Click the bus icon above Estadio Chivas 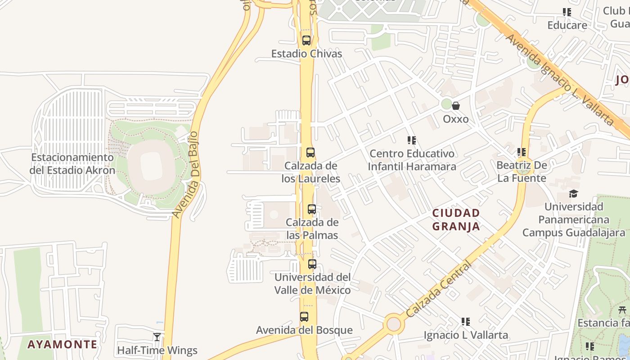306,40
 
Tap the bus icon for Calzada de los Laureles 310,152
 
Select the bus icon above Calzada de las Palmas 311,209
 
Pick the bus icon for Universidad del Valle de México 312,264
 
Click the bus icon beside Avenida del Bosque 304,317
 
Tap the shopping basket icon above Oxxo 456,106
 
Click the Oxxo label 456,119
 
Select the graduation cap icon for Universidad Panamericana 573,193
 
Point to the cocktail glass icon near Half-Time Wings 157,337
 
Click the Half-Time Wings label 157,350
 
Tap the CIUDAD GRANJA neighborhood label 456,219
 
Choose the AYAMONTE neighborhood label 62,345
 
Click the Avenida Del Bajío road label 186,175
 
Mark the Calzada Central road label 438,289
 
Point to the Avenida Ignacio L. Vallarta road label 560,79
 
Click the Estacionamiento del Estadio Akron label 72,164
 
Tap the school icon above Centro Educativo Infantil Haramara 411,140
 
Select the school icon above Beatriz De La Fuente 522,152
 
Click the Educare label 567,25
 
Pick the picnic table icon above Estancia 623,310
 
